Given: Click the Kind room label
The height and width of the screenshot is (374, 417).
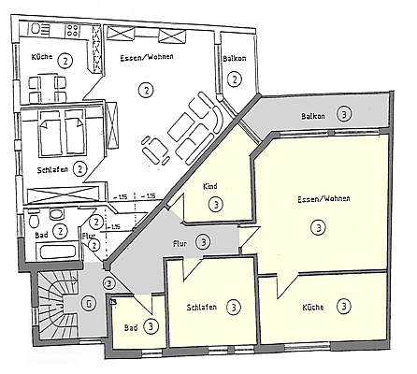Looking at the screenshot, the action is point(210,186).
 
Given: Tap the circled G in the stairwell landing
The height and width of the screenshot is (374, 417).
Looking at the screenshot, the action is point(89,304).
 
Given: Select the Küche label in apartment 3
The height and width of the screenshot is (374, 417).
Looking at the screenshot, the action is point(313,308).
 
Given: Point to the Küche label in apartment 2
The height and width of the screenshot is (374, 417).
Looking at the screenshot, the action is point(41,57).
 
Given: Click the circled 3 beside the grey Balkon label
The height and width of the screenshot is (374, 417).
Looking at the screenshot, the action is point(344,114).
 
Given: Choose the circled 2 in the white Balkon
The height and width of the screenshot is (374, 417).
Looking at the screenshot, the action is point(235,79).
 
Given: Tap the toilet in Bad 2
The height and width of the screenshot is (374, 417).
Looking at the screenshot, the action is point(34,219).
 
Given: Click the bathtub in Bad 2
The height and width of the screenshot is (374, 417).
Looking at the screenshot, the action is point(58,252).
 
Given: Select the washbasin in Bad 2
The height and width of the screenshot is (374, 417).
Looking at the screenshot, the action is point(56,214).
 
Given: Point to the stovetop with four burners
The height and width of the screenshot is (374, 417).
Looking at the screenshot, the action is point(73,31).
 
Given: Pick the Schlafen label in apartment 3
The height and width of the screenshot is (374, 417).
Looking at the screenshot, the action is point(201,308).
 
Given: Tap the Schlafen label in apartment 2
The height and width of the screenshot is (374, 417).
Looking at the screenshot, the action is point(52,170).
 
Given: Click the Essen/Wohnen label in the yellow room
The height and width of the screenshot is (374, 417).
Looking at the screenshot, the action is point(324,198).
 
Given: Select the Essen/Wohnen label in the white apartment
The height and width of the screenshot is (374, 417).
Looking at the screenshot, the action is point(147,57).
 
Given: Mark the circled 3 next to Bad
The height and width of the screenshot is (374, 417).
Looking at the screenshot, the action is point(151,326).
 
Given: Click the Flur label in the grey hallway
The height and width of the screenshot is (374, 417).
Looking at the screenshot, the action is point(180,243).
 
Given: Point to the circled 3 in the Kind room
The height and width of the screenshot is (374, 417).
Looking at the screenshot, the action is point(216,205).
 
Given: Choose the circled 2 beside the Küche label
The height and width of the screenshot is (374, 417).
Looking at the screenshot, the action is point(65,61).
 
